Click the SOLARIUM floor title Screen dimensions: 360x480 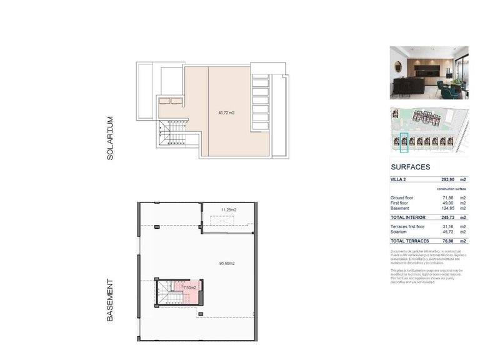tap(110, 138)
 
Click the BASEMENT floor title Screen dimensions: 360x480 tap(110, 300)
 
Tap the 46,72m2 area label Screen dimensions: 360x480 tap(226, 113)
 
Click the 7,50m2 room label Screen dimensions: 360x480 tap(189, 287)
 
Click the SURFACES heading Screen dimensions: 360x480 tap(410, 167)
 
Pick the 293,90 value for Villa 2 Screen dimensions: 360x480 tap(441, 179)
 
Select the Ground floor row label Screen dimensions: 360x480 tap(402, 197)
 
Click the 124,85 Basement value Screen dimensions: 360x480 tap(442, 209)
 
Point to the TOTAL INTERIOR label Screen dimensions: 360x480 tap(407, 217)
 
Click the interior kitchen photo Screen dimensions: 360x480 tap(429, 72)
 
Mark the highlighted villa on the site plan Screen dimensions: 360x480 tap(404, 142)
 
